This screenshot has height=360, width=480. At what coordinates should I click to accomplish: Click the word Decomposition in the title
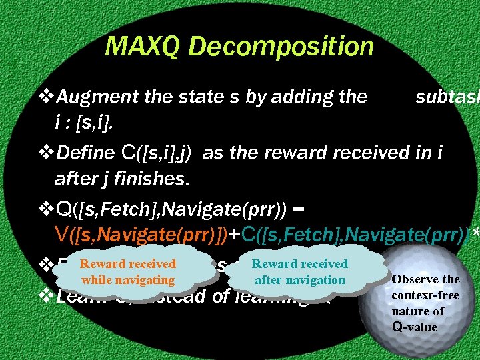[x=282, y=47]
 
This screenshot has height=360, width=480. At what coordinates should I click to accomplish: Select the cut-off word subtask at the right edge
[x=447, y=97]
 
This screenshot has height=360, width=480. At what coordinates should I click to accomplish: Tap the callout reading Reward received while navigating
[x=128, y=272]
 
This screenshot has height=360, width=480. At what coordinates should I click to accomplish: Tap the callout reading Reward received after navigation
[x=300, y=272]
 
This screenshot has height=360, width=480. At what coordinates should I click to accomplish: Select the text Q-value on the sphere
[x=414, y=327]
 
